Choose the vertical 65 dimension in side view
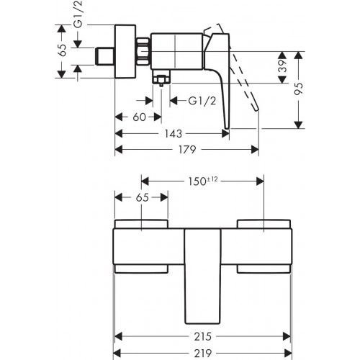point(63,50)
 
